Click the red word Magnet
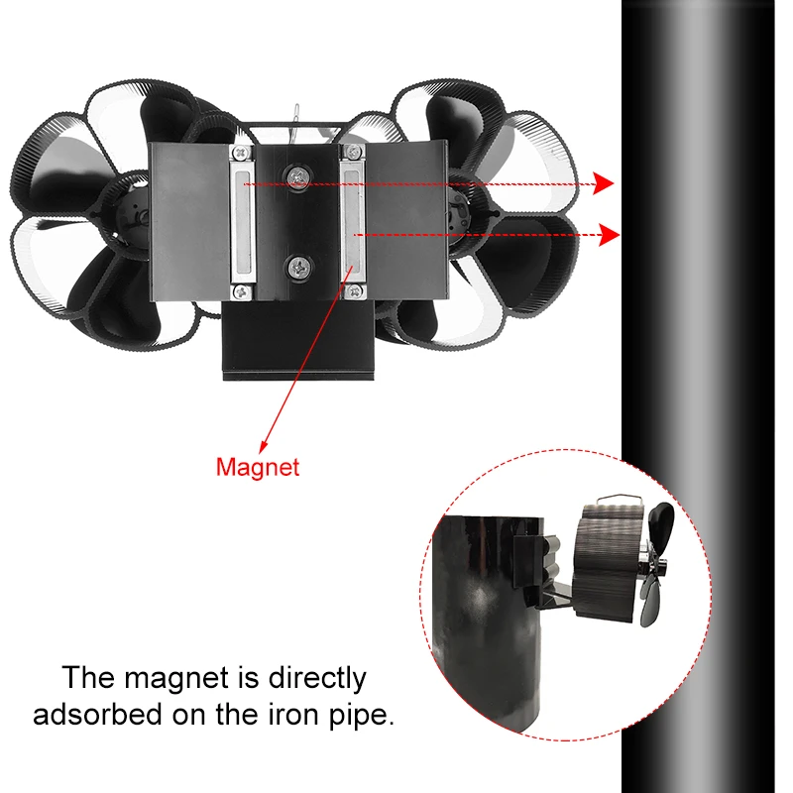[257, 466]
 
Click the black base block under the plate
[297, 343]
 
